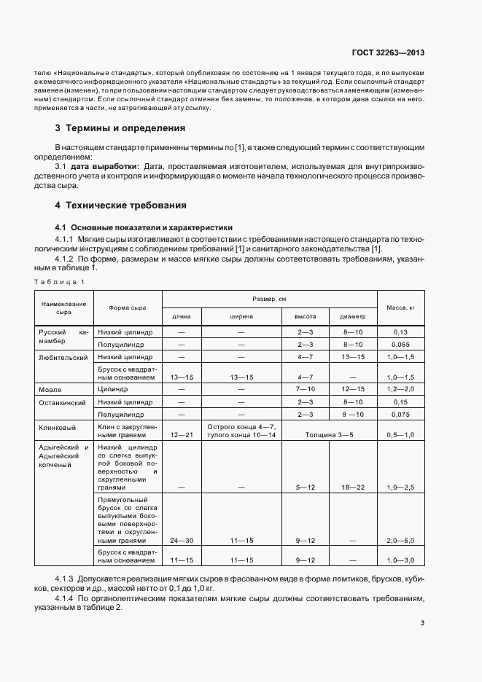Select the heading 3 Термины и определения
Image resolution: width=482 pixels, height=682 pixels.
point(120,128)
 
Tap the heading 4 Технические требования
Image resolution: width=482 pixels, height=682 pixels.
point(121,205)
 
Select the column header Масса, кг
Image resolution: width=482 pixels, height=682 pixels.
point(400,307)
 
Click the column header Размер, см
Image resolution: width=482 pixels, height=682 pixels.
point(269,299)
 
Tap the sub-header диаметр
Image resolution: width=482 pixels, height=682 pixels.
point(352,316)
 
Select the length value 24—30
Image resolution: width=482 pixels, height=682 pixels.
point(180,541)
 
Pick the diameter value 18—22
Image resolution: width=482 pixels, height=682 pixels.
point(352,487)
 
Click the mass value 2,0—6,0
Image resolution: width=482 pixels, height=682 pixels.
point(400,541)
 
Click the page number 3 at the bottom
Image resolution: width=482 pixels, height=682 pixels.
point(422,623)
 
